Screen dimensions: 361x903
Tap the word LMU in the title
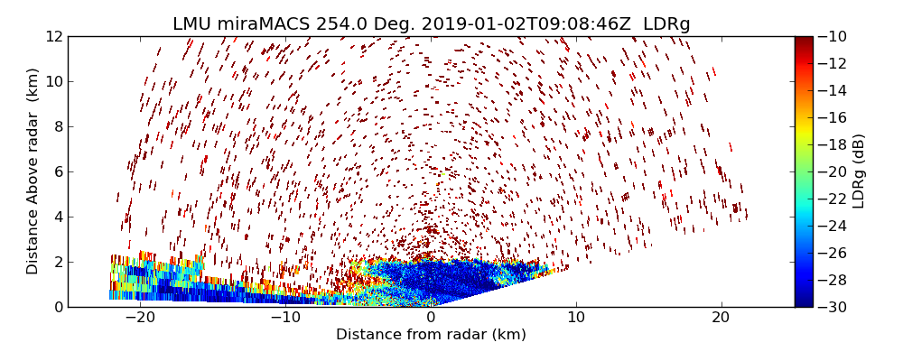pyautogui.click(x=193, y=24)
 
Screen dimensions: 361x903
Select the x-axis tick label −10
pyautogui.click(x=284, y=319)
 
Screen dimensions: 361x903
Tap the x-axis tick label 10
pyautogui.click(x=576, y=319)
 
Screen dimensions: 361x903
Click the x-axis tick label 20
pyautogui.click(x=721, y=319)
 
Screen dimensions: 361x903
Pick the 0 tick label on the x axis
pyautogui.click(x=431, y=319)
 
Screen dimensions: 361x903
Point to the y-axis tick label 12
pyautogui.click(x=54, y=37)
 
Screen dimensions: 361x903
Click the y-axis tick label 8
pyautogui.click(x=58, y=127)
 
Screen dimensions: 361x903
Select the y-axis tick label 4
pyautogui.click(x=58, y=217)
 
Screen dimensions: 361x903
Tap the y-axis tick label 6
pyautogui.click(x=58, y=171)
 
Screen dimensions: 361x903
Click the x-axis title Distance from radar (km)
pyautogui.click(x=431, y=335)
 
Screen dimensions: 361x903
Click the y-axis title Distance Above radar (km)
pyautogui.click(x=33, y=171)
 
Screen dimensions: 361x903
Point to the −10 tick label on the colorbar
pyautogui.click(x=835, y=37)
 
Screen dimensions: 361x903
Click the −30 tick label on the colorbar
pyautogui.click(x=835, y=307)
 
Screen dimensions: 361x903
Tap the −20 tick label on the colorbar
pyautogui.click(x=835, y=171)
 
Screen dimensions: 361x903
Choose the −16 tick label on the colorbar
pyautogui.click(x=835, y=117)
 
